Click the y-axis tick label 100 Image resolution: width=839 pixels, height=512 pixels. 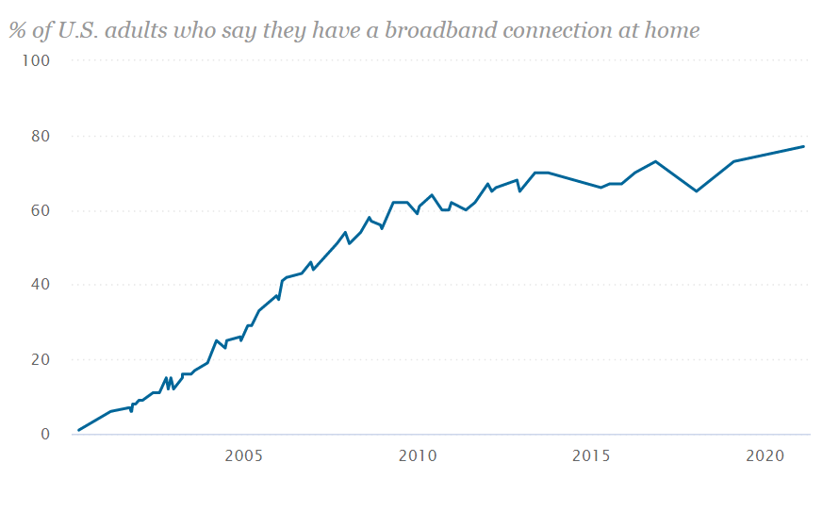coord(35,60)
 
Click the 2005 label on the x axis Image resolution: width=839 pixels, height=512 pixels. coord(243,456)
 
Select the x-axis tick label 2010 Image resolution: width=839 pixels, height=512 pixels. coord(418,456)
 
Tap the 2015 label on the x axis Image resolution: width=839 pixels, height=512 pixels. coord(592,456)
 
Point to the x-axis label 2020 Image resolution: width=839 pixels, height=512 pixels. coord(765,456)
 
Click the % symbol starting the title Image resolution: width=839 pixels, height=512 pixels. coord(17,30)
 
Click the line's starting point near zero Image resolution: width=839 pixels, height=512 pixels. coord(78,430)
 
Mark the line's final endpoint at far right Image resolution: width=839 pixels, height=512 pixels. coord(803,146)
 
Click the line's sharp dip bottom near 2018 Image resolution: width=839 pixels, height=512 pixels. coord(697,191)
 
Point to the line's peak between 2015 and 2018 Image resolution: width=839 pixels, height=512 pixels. coord(655,161)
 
